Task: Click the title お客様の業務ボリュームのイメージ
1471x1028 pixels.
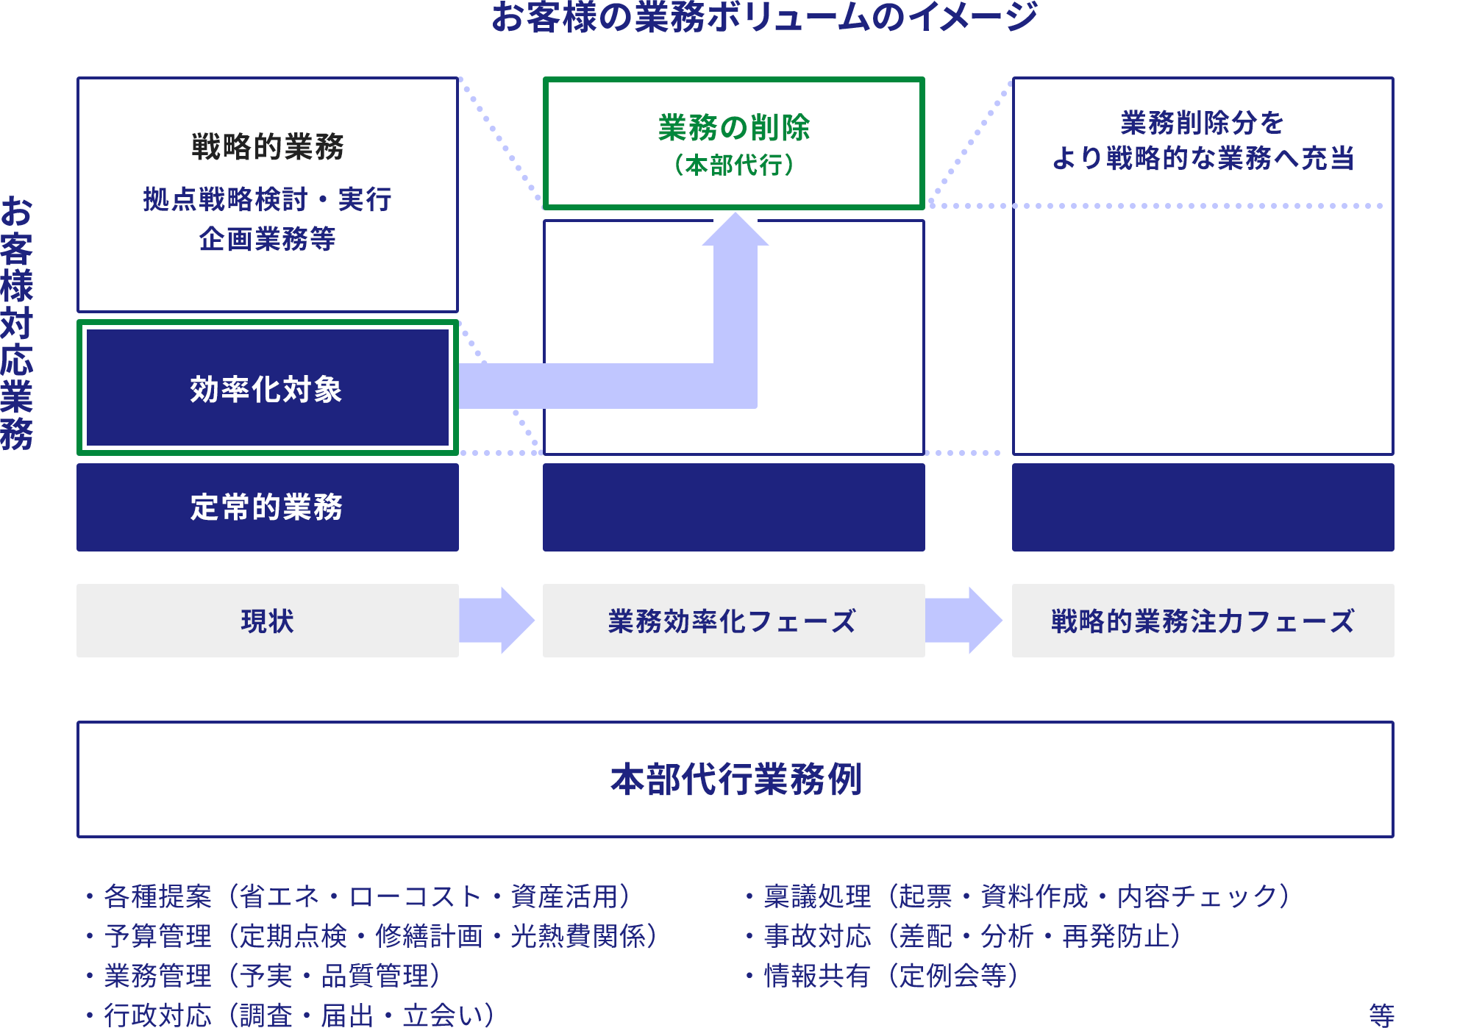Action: coord(763,16)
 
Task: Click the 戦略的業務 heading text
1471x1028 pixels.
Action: coord(268,146)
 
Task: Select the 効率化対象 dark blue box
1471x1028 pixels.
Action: coord(267,389)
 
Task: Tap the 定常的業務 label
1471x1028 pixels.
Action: coord(267,507)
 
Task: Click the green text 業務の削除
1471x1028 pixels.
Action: coord(733,128)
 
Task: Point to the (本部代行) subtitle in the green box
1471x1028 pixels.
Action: coord(733,165)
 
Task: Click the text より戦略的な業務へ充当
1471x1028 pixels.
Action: coord(1203,158)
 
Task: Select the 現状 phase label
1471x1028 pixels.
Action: coord(267,621)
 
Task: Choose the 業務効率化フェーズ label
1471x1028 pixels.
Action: coord(733,621)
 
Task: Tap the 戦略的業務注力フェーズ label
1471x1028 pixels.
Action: coord(1203,621)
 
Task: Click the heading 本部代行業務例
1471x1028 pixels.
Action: coord(735,779)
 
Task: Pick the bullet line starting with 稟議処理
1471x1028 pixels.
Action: coord(1026,896)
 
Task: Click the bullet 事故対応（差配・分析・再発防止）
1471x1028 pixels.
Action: coord(972,936)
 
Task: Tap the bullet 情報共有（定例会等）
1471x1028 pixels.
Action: coord(891,976)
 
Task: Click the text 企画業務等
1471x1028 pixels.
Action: coord(268,239)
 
